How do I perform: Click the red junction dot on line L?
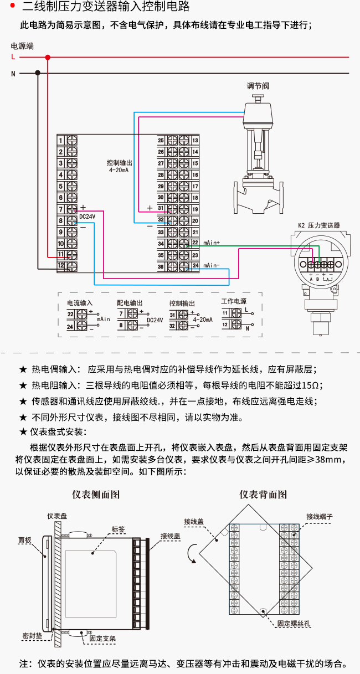coord(48,57)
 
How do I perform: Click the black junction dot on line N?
coord(38,73)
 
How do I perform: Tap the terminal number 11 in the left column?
coord(61,255)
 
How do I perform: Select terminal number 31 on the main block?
coord(161,208)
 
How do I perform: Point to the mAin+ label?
coord(212,243)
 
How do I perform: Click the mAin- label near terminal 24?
coord(212,265)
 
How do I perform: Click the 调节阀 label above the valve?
coord(258,86)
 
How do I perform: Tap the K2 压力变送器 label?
coord(319,225)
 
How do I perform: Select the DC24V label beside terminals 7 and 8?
coord(88,217)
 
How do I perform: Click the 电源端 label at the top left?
coord(22,46)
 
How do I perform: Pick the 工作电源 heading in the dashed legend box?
coord(234,301)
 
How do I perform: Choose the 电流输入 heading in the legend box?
coord(80,303)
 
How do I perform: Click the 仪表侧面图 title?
coord(96,495)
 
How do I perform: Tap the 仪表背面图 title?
coord(263,495)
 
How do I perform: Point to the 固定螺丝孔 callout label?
coord(294,624)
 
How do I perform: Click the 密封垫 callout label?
coord(32,635)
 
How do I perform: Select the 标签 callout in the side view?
coord(118,529)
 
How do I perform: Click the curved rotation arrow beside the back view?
coord(191,553)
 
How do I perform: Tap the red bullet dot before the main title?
coord(13,6)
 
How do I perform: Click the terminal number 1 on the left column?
coord(61,141)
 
